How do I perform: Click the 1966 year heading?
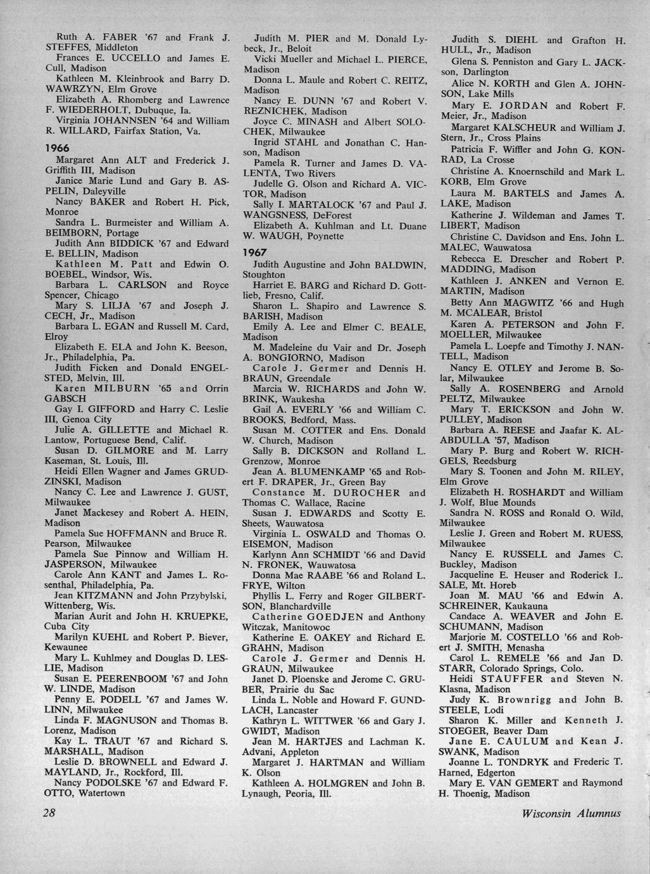58,146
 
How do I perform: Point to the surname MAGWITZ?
532,303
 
